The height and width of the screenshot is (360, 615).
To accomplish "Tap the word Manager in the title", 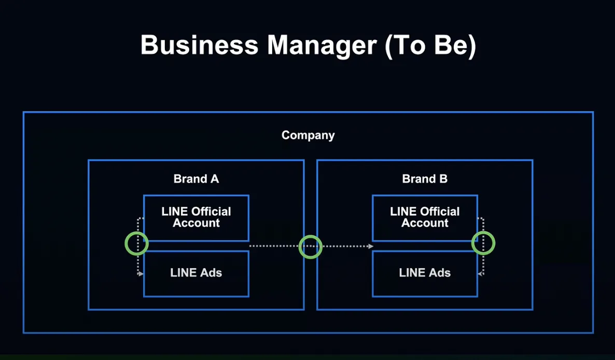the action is coord(322,46).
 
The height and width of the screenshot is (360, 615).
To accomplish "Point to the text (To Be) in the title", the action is coord(430,46).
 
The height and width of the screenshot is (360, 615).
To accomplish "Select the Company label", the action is coord(308,135).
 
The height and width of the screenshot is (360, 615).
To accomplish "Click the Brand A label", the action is coord(196,179).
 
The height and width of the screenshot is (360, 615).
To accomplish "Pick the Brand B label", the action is coord(425,179).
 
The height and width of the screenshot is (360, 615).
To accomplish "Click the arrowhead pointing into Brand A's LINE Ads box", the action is coord(141,274).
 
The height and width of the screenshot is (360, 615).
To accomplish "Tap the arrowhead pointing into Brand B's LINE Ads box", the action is coord(481,274).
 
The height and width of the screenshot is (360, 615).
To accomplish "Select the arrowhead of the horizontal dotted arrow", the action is coord(371,246).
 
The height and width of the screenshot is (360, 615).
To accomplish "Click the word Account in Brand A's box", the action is coord(196,223).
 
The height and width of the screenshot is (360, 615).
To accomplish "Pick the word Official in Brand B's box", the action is coord(438,212).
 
